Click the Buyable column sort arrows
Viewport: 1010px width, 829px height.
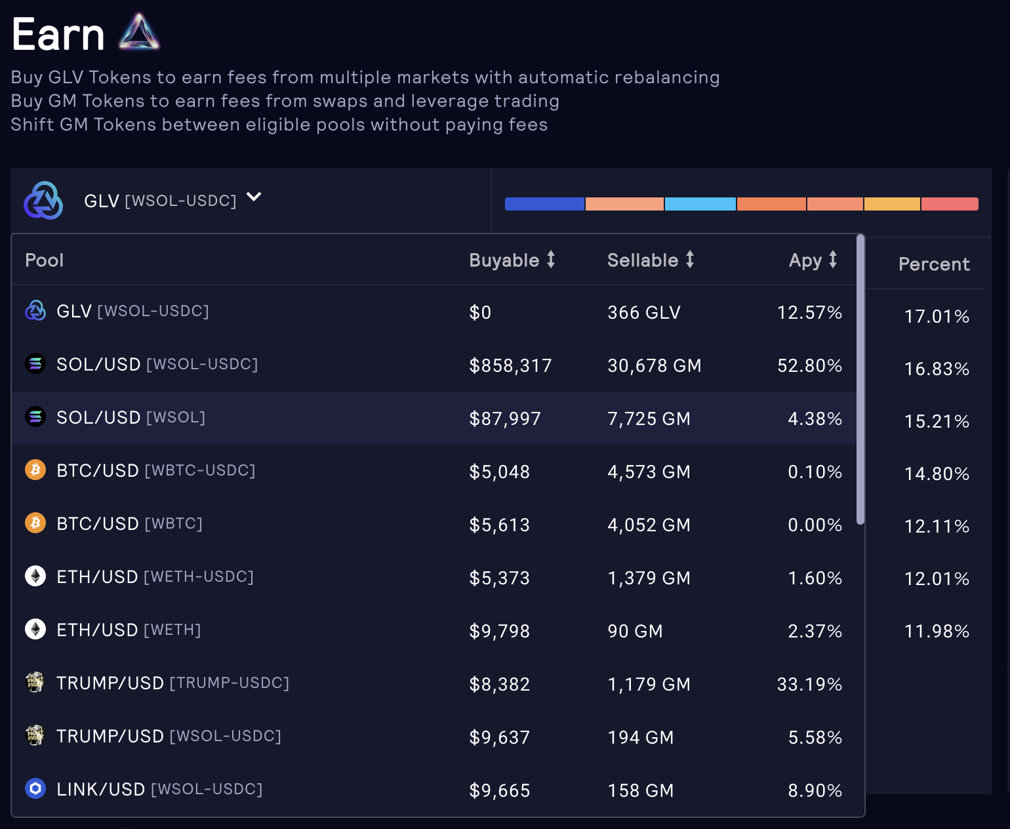click(551, 260)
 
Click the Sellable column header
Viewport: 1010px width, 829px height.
click(643, 260)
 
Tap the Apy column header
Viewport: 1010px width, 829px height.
click(805, 260)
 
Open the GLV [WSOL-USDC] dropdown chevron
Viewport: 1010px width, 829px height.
click(254, 197)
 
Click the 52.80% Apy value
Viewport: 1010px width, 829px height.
click(809, 365)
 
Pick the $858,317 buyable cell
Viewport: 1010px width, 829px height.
click(510, 365)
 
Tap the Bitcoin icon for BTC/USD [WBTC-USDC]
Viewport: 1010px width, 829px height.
click(35, 470)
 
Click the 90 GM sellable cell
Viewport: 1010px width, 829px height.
click(635, 631)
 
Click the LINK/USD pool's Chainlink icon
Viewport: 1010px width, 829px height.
click(35, 788)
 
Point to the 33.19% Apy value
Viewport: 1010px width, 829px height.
click(809, 684)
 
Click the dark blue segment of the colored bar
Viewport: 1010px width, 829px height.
click(544, 204)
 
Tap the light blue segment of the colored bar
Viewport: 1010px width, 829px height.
click(700, 204)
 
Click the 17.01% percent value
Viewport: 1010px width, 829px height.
click(937, 316)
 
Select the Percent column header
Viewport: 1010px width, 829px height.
click(934, 264)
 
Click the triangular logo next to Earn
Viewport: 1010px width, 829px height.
click(139, 33)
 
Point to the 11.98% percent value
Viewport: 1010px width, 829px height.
click(937, 631)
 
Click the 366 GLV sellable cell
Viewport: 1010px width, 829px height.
click(643, 312)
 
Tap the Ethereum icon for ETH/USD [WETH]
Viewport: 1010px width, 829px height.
click(35, 630)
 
